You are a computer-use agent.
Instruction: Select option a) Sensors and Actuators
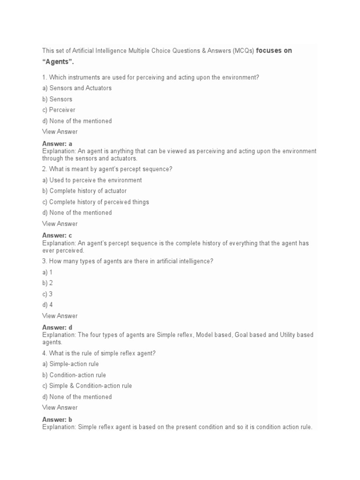pyautogui.click(x=77, y=88)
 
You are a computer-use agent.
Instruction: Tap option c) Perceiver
pyautogui.click(x=59, y=110)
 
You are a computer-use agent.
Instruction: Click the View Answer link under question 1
pyautogui.click(x=60, y=132)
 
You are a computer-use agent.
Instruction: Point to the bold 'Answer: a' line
pyautogui.click(x=57, y=144)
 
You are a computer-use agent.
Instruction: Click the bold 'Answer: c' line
pyautogui.click(x=57, y=236)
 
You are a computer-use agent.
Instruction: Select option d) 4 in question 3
pyautogui.click(x=47, y=305)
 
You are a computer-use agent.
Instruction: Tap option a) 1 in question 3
pyautogui.click(x=47, y=272)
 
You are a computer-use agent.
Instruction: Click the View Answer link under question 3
pyautogui.click(x=60, y=316)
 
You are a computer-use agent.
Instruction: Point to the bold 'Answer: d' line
pyautogui.click(x=57, y=328)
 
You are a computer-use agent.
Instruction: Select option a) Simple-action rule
pyautogui.click(x=70, y=364)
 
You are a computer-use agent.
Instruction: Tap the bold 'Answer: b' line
pyautogui.click(x=57, y=420)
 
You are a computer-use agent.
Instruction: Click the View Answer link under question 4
pyautogui.click(x=60, y=408)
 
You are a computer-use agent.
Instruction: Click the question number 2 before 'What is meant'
pyautogui.click(x=44, y=169)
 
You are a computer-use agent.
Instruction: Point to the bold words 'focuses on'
pyautogui.click(x=274, y=51)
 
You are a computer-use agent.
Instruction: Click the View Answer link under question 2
pyautogui.click(x=60, y=224)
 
